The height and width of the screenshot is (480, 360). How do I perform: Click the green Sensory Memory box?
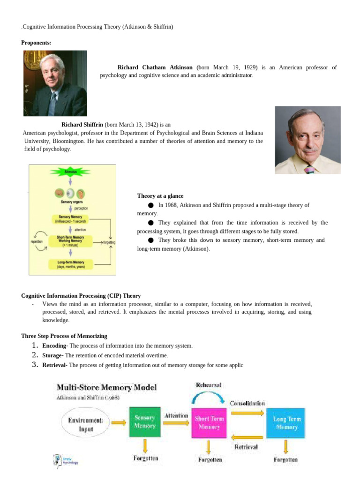(x=145, y=421)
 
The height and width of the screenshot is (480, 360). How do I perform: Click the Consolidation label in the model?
(x=247, y=403)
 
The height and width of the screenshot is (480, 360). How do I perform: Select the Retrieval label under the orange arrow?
(x=246, y=447)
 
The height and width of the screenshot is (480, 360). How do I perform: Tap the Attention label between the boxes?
(x=176, y=415)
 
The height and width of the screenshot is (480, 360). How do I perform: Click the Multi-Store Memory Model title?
(x=106, y=388)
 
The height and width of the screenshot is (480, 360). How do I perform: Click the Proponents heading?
(x=36, y=43)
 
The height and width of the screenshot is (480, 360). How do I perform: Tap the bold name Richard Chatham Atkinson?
(x=156, y=67)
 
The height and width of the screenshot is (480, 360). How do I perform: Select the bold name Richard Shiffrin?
(x=82, y=125)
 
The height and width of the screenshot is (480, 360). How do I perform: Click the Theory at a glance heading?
(x=160, y=196)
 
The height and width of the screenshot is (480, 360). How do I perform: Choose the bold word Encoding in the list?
(x=54, y=345)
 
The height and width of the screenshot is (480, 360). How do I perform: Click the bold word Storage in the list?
(x=52, y=355)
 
